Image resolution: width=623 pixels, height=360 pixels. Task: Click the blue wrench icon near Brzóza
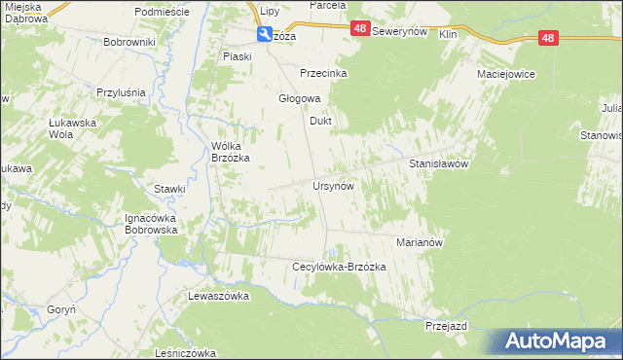click(x=265, y=35)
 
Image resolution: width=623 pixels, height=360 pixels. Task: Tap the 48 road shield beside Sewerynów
click(x=360, y=32)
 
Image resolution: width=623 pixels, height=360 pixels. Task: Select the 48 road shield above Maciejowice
click(x=548, y=38)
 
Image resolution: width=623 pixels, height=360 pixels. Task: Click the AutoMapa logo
click(x=558, y=341)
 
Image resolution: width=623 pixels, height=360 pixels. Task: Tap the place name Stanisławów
click(x=439, y=164)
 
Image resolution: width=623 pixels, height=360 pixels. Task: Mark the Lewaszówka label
click(x=219, y=295)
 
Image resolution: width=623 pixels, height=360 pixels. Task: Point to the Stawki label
click(x=169, y=189)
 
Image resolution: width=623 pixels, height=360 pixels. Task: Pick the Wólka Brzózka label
click(x=232, y=152)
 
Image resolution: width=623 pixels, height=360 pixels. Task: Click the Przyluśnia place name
click(x=121, y=92)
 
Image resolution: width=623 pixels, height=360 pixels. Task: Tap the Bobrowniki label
click(x=130, y=43)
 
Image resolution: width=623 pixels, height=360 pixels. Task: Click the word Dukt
click(x=321, y=122)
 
